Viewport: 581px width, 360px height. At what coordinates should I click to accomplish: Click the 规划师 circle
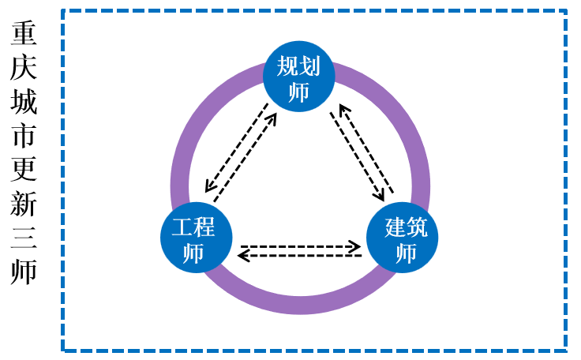[298, 77]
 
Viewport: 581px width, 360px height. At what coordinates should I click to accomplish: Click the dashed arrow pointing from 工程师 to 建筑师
[300, 246]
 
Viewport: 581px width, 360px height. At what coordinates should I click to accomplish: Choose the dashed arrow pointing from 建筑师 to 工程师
[300, 256]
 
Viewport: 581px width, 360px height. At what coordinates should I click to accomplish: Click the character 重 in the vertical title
[24, 35]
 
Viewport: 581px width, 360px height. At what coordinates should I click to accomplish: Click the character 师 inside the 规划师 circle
[298, 92]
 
